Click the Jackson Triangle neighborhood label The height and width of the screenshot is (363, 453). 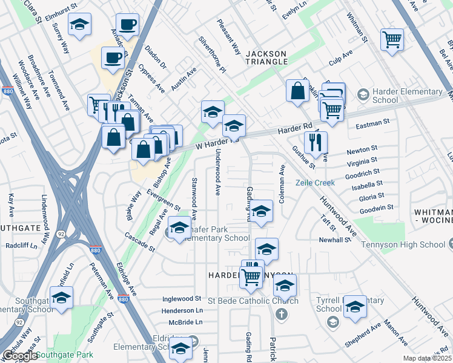pyautogui.click(x=266, y=57)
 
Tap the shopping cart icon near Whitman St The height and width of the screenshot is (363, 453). pyautogui.click(x=392, y=41)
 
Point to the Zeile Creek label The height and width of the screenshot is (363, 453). pyautogui.click(x=315, y=183)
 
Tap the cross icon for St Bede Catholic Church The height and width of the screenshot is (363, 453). pyautogui.click(x=282, y=315)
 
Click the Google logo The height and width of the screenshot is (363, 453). pyautogui.click(x=19, y=355)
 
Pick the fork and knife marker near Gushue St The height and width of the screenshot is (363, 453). pyautogui.click(x=315, y=143)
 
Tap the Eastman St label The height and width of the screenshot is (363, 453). pyautogui.click(x=372, y=123)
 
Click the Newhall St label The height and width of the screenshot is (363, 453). pyautogui.click(x=336, y=240)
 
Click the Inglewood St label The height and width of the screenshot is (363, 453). pyautogui.click(x=182, y=299)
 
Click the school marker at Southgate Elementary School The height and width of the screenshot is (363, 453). pyautogui.click(x=61, y=298)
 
